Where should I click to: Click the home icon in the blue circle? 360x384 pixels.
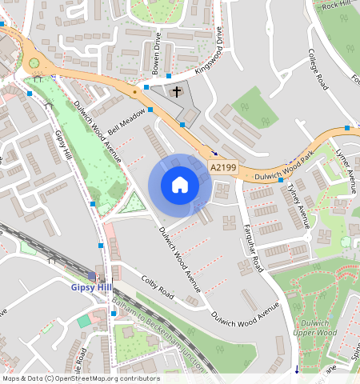tap(180, 186)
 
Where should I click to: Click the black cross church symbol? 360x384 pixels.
tap(177, 92)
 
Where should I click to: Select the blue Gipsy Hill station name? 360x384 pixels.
tap(92, 287)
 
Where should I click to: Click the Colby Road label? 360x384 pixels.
tap(157, 288)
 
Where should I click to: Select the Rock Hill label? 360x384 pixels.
tap(337, 6)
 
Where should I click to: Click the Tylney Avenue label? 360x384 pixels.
tap(298, 205)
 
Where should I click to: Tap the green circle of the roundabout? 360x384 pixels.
tap(34, 62)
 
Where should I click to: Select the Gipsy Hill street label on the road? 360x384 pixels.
tap(64, 151)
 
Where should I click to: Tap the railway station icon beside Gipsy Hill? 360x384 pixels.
tap(91, 275)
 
